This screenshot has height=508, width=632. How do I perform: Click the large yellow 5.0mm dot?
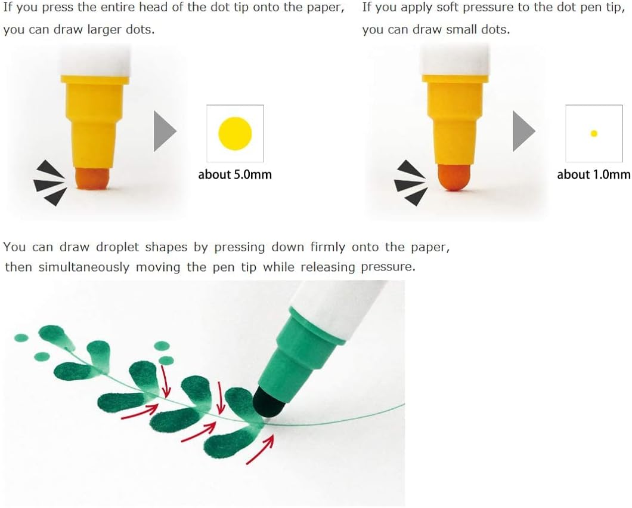[235, 134]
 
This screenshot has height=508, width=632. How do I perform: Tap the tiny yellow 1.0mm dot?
[594, 134]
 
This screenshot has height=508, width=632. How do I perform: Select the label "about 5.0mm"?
[235, 174]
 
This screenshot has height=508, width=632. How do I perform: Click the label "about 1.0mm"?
[594, 174]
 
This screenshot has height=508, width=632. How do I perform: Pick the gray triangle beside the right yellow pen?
[523, 131]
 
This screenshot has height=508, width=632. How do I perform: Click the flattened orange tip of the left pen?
[92, 178]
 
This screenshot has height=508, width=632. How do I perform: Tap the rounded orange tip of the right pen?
[454, 176]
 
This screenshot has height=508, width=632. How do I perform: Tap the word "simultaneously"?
[84, 267]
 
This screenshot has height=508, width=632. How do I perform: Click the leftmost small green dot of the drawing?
[21, 338]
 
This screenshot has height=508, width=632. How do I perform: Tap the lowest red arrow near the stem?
[261, 449]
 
